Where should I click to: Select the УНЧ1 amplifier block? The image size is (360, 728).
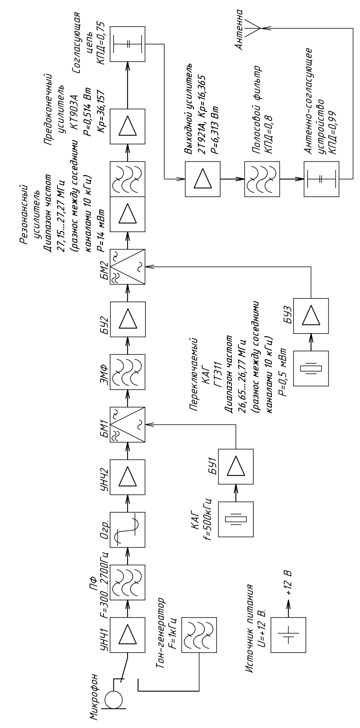pyautogui.click(x=127, y=635)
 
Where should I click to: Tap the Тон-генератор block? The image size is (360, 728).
pyautogui.click(x=199, y=635)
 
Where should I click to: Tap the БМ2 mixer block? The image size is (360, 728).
pyautogui.click(x=127, y=267)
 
